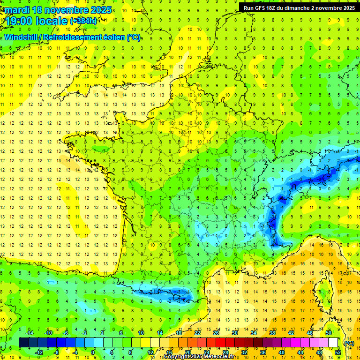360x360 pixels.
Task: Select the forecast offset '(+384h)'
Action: click(x=83, y=21)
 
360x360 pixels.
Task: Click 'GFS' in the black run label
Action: click(x=262, y=8)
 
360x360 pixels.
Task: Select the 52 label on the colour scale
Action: click(x=338, y=352)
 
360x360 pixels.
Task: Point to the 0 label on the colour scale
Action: click(x=92, y=352)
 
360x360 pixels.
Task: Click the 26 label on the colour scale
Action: click(x=216, y=333)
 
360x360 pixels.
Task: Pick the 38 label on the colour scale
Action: click(x=272, y=333)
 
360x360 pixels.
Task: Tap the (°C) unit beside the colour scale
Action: click(x=349, y=343)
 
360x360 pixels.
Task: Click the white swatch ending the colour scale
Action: click(x=333, y=343)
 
